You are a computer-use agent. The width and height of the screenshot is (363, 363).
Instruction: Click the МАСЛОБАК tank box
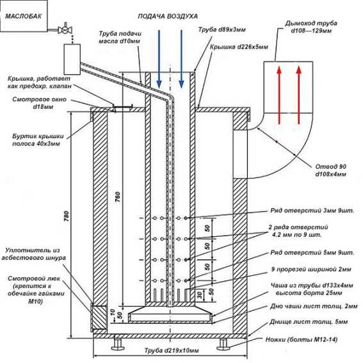tap(24, 16)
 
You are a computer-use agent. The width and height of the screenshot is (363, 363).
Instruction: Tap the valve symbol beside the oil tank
tap(65, 29)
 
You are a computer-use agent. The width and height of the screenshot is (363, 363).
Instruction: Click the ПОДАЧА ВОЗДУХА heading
tap(168, 16)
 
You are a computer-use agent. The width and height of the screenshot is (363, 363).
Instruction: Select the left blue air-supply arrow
tap(159, 59)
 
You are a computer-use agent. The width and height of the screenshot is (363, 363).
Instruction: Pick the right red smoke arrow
tap(298, 95)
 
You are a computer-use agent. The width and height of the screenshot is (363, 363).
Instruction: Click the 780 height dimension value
tap(67, 216)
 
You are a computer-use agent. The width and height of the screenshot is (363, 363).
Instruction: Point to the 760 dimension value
tap(118, 197)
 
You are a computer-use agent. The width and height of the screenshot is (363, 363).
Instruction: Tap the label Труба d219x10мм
tap(172, 350)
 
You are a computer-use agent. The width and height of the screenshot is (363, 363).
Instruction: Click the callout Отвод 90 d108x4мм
tap(330, 170)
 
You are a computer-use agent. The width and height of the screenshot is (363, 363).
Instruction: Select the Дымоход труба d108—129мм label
tap(311, 27)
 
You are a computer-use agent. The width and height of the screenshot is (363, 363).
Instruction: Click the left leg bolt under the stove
tap(118, 344)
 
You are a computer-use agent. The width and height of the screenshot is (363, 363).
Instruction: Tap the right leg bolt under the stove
tap(223, 344)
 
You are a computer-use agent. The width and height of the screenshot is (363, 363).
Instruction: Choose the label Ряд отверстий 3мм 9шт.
tap(312, 211)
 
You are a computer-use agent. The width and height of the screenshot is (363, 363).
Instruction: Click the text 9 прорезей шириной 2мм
tap(311, 270)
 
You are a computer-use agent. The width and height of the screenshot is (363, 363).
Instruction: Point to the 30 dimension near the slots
tap(200, 294)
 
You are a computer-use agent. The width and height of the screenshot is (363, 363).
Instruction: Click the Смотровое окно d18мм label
tap(39, 103)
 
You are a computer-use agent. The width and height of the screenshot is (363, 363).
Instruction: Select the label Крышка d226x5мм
tap(239, 47)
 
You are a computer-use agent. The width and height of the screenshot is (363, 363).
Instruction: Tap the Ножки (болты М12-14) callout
tap(301, 339)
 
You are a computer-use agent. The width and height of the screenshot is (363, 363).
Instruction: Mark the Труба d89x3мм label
tap(222, 29)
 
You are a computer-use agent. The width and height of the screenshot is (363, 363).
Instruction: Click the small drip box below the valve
tap(72, 60)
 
